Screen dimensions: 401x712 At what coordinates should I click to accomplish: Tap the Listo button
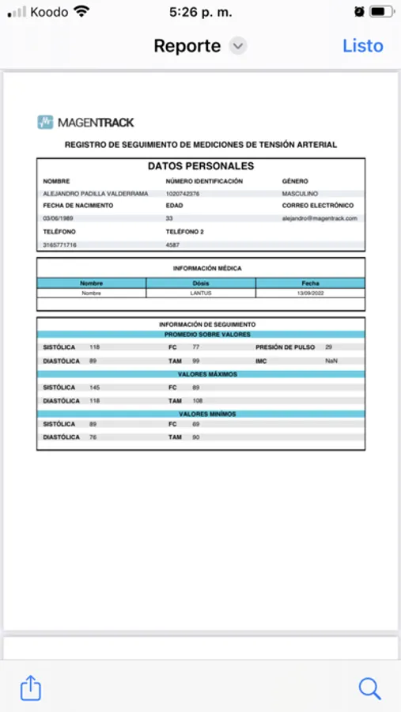coord(362,46)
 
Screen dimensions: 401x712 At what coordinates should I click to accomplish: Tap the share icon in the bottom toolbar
coord(30,687)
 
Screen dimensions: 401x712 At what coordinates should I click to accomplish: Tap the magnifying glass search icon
coord(369,687)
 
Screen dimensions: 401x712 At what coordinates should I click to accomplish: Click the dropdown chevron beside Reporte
coord(238,46)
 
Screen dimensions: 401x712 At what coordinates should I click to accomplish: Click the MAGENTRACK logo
coord(85,122)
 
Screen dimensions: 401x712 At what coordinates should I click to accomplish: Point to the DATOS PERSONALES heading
coord(201,166)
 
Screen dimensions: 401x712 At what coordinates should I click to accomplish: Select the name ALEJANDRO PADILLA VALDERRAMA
coord(95,194)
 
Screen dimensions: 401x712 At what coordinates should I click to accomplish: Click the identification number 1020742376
coord(183,194)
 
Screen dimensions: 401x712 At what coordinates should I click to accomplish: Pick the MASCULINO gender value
coord(301,194)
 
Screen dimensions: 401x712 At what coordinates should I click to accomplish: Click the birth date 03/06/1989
coord(58,218)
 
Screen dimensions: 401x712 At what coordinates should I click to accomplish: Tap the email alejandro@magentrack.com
coord(320,218)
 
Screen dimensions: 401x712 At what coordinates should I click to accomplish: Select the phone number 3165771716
coord(60,245)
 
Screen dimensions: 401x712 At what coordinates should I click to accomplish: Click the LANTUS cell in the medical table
coord(201,293)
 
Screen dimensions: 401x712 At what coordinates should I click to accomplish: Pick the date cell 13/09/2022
coord(310,293)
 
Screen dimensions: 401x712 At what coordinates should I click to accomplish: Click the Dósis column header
coord(201,282)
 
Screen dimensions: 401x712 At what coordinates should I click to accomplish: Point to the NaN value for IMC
coord(331,361)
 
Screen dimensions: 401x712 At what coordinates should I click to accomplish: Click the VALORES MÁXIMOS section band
coord(201,374)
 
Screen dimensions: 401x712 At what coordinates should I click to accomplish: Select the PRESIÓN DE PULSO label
coord(285,347)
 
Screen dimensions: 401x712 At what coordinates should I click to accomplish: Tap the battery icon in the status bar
coord(381,12)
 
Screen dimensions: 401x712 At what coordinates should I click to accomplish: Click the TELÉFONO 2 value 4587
coord(173,245)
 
